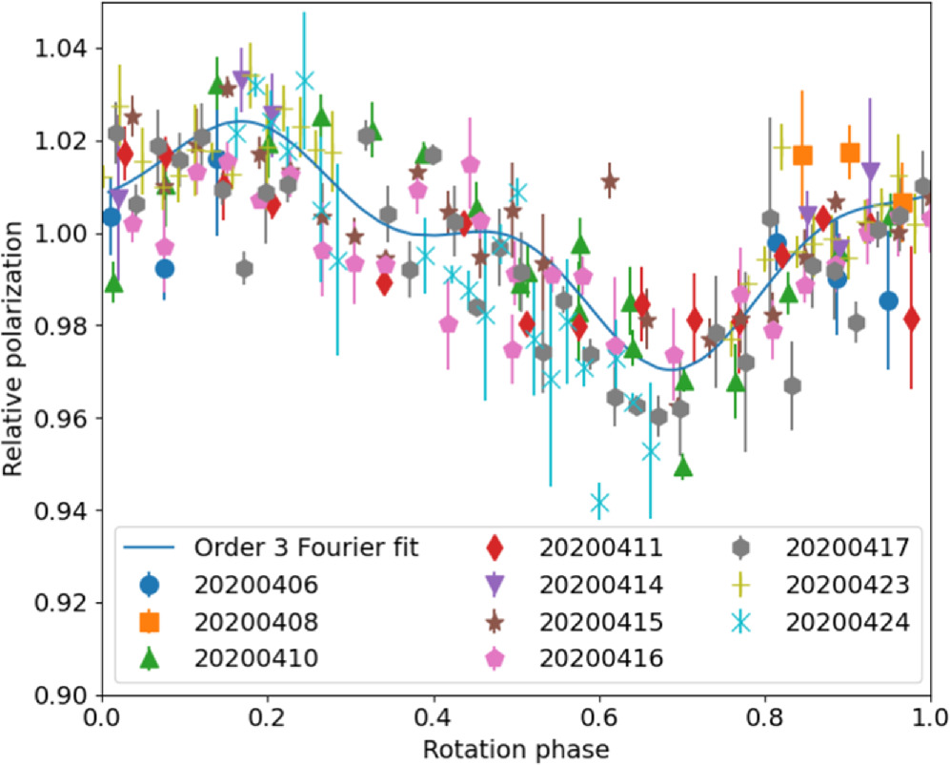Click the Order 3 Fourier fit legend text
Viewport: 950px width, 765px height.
(x=307, y=548)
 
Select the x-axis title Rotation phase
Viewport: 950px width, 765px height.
(x=515, y=748)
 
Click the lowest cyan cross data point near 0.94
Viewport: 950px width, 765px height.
(x=599, y=503)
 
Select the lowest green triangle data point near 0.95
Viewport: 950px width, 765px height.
(x=682, y=467)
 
